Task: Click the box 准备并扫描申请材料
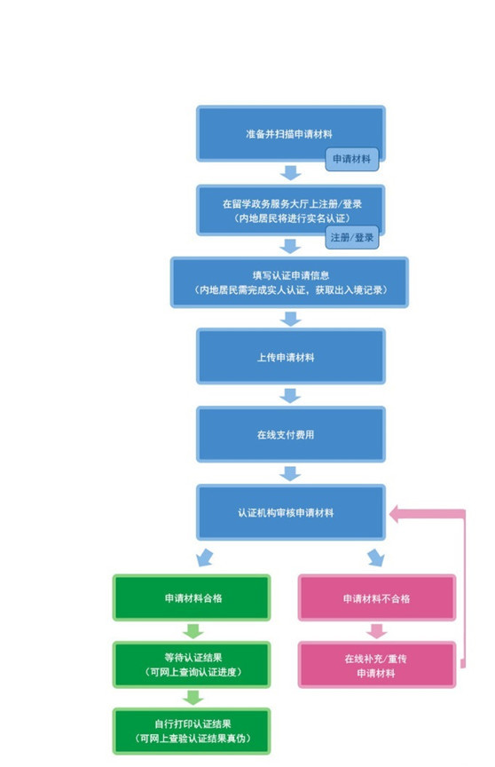291,133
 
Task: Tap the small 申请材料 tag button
352,159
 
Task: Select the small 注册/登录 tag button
352,237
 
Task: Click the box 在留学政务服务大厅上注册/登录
291,210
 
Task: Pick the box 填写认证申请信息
289,282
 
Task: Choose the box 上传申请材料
291,356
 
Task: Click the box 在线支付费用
291,434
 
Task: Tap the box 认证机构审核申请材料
291,512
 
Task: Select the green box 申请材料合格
192,597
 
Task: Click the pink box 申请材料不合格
377,597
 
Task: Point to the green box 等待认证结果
192,665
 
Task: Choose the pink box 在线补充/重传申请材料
377,665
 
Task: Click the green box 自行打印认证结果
192,731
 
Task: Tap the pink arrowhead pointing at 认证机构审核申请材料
395,514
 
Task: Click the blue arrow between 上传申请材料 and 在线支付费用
290,396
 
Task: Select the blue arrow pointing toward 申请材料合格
205,557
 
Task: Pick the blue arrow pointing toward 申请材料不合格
376,557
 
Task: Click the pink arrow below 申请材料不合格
376,631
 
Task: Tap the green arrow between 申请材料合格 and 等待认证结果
193,631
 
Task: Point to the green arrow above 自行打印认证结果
193,698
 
